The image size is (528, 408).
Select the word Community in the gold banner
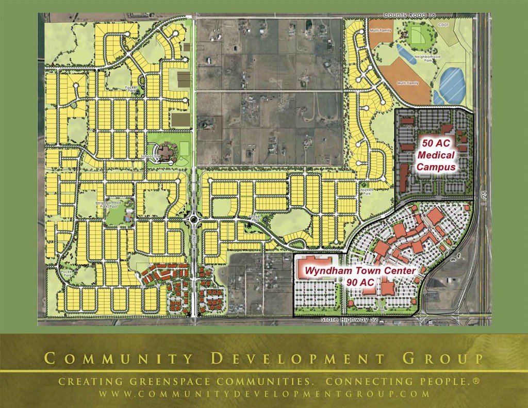click(x=111, y=358)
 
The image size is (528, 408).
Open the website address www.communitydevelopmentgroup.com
click(x=263, y=394)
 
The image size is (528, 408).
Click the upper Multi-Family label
click(x=381, y=30)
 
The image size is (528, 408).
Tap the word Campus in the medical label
click(x=436, y=167)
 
